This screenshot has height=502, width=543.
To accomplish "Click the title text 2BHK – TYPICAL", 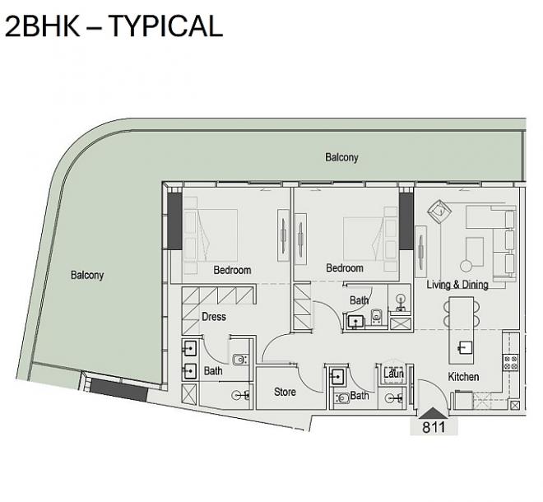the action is coord(114,26).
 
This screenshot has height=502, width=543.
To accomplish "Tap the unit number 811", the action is coord(434,427).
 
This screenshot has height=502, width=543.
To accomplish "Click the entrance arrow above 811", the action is coord(434,413).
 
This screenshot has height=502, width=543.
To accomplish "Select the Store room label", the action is coord(285,392).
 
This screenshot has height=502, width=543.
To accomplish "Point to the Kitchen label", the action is coord(463,377).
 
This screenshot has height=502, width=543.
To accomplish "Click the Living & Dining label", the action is coord(457,285).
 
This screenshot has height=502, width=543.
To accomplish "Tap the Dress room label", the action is coord(214,317).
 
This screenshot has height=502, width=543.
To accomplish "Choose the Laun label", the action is coord(394,374).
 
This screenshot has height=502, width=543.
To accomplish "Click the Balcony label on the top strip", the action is coord(341,157).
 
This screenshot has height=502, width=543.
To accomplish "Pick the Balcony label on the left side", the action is coord(87,275).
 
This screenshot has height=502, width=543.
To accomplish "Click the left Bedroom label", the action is coord(232,270).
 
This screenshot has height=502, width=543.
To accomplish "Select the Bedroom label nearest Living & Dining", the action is coord(345,267).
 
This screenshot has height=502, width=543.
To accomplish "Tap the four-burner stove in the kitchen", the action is coord(511,362).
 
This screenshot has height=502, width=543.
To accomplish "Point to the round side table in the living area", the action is coord(466,266).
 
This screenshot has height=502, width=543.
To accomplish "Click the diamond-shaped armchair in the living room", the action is coord(439,211).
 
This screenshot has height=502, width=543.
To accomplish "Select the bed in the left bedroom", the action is coord(211,235).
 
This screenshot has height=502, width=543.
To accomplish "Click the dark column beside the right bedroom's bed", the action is coord(406,221).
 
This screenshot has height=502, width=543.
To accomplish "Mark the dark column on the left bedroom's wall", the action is coord(175,221).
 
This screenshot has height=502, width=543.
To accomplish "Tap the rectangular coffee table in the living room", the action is coord(475,252).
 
